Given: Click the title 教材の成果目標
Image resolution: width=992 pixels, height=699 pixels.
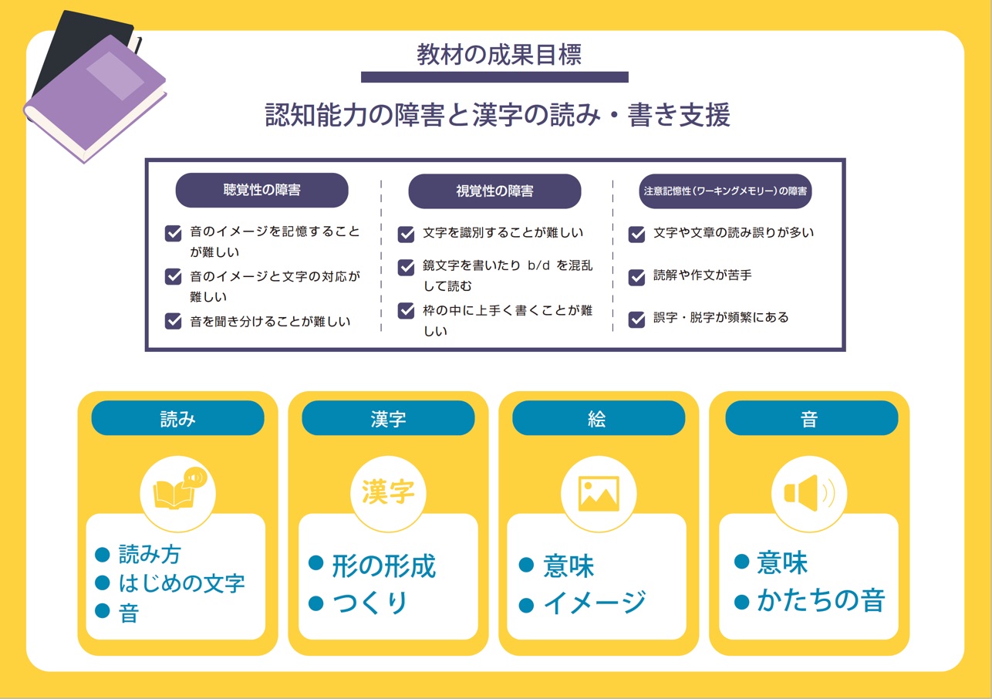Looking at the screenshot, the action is (499, 55).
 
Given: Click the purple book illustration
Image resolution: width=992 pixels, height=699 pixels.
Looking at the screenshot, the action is (95, 97).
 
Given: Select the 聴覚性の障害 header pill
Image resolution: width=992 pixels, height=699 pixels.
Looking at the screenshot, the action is (261, 190).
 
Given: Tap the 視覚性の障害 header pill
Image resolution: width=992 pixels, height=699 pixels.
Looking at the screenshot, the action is (494, 191).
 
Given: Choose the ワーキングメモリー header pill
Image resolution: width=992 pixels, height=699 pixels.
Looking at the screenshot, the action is (725, 191).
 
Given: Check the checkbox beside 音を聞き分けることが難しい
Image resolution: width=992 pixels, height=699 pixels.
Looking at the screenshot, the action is (173, 321).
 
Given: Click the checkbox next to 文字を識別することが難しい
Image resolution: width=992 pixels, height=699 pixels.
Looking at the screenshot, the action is (406, 234).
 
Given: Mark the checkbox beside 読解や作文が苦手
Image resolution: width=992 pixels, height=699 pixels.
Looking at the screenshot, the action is (636, 277).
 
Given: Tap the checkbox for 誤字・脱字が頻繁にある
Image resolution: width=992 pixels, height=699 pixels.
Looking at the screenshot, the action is (636, 319).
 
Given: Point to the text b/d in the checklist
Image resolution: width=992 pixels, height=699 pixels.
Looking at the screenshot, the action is (538, 265).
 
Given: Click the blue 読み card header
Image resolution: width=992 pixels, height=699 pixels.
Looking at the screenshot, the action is (177, 418).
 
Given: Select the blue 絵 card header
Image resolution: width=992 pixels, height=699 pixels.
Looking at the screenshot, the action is (599, 418).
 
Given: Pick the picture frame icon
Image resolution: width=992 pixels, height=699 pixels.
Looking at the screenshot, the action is (599, 494).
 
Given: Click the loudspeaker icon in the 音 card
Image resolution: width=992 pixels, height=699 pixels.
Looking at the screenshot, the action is (809, 493).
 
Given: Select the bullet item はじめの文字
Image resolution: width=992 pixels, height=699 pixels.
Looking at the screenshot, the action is (181, 583).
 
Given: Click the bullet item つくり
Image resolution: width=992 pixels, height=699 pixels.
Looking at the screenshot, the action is (370, 603).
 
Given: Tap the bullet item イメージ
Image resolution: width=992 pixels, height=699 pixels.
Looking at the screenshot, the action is (594, 603).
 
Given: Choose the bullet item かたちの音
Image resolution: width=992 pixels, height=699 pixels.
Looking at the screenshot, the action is (821, 601).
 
